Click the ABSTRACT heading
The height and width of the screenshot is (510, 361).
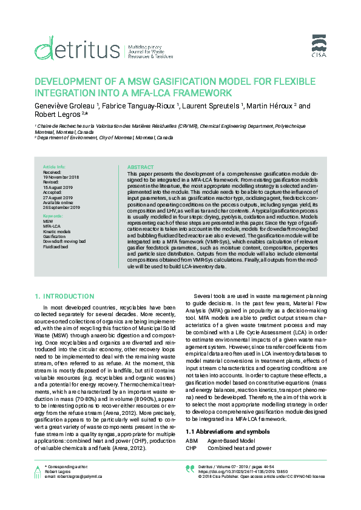coord(141,167)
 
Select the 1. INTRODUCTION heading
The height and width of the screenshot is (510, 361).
coord(65,296)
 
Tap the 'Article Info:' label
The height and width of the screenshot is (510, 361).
coord(54,167)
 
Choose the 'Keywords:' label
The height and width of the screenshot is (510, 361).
coord(53,216)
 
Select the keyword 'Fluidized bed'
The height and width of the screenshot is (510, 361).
coord(56,245)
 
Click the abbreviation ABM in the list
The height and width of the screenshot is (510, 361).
coord(192,424)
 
